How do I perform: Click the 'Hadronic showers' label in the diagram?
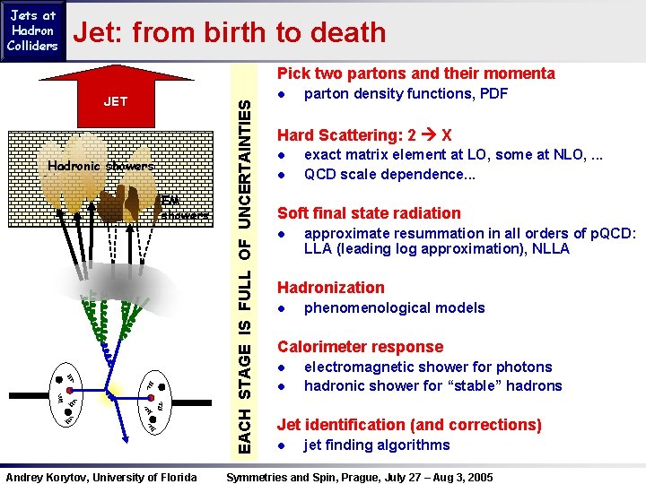[x=100, y=166]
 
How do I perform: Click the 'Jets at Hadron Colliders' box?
[x=32, y=30]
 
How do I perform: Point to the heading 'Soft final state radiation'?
[x=369, y=213]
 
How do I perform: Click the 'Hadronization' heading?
[x=330, y=288]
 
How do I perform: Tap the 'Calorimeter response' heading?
[x=360, y=347]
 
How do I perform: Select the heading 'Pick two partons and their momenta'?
[x=415, y=73]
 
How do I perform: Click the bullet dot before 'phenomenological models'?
[x=281, y=308]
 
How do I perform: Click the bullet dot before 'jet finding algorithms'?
[x=281, y=445]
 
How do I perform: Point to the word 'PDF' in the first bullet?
[x=493, y=94]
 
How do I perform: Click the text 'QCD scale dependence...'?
[x=389, y=175]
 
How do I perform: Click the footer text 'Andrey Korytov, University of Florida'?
[x=102, y=477]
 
